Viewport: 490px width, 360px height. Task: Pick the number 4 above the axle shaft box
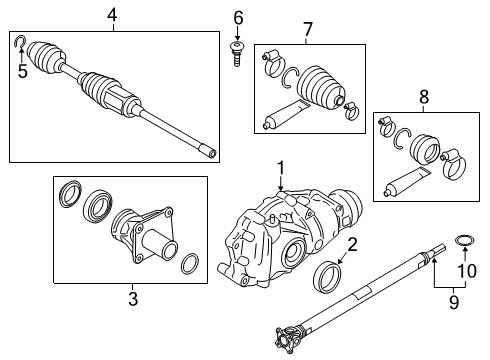pos(112,14)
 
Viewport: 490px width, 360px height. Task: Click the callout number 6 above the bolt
pos(238,17)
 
